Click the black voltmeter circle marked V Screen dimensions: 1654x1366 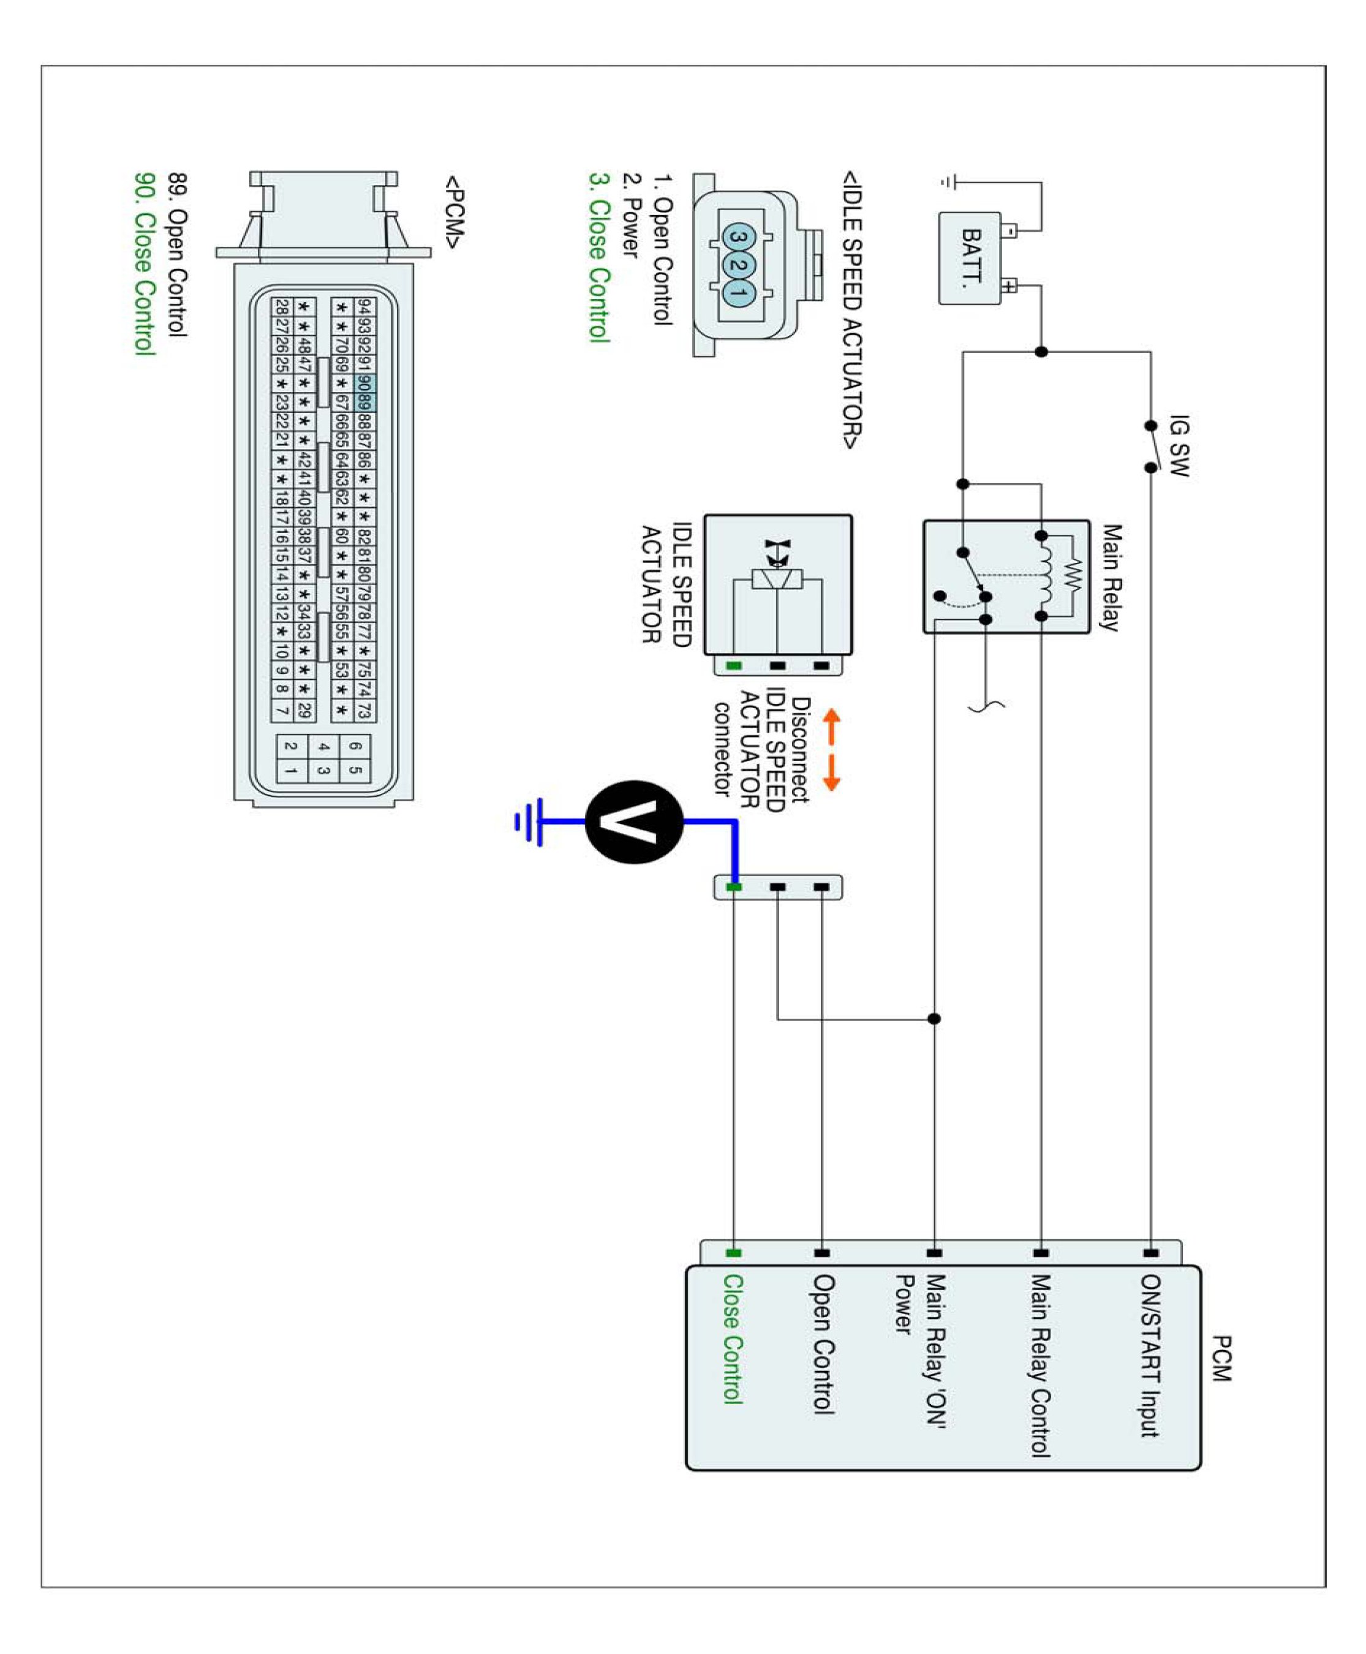click(633, 821)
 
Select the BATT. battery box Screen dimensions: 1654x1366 click(970, 258)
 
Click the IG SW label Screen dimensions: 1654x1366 click(1178, 445)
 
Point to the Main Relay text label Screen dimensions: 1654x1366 click(1111, 578)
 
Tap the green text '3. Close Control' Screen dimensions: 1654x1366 click(600, 257)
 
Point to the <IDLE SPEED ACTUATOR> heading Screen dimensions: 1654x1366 click(852, 310)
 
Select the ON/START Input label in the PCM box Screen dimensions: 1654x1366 click(1150, 1355)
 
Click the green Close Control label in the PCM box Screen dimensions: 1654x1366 click(733, 1339)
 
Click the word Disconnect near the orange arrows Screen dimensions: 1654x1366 click(800, 750)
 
